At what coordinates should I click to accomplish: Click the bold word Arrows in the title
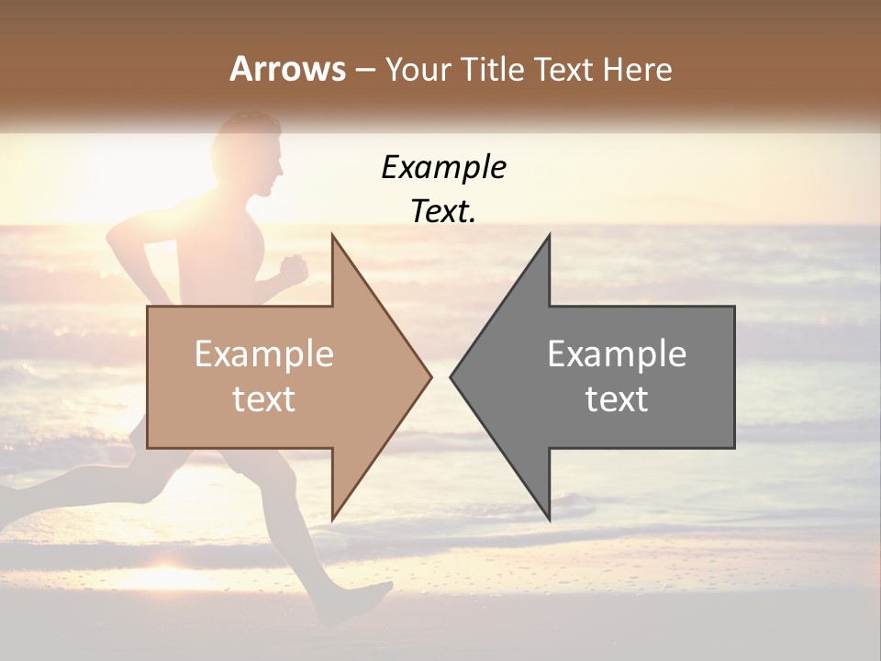287,69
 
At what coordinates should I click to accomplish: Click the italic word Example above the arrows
443,167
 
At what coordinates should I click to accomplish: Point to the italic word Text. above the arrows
443,211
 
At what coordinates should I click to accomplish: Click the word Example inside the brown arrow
263,353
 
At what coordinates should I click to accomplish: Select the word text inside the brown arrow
263,399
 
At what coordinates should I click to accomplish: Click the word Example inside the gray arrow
617,353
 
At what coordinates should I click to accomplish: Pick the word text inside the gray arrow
617,399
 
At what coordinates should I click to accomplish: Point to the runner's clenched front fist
294,269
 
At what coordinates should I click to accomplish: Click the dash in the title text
364,70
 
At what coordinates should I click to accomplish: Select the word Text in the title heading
564,69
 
